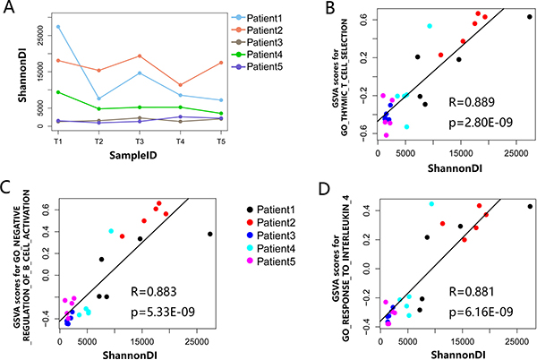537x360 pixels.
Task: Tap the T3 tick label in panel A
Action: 139,141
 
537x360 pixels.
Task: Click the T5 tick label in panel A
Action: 221,141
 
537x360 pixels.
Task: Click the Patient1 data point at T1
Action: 57,26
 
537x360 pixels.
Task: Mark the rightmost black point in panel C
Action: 210,234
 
